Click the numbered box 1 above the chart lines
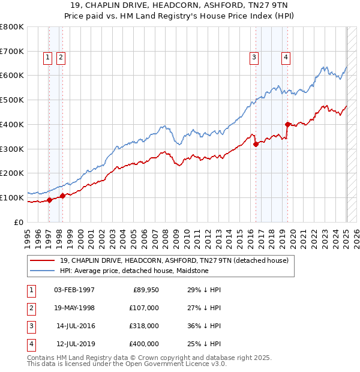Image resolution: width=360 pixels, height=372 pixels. tap(47, 58)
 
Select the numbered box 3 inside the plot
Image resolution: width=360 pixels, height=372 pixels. tap(254, 58)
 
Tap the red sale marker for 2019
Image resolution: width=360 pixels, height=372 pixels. tap(288, 124)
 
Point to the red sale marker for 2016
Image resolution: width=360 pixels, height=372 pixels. tap(256, 144)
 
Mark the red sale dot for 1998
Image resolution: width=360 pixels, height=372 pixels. tap(62, 196)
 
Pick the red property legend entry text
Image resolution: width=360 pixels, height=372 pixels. tap(174, 260)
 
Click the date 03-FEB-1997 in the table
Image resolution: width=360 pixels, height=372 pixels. tap(74, 290)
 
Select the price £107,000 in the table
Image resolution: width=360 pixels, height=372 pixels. tap(144, 308)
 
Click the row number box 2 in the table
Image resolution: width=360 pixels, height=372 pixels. tap(31, 308)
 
